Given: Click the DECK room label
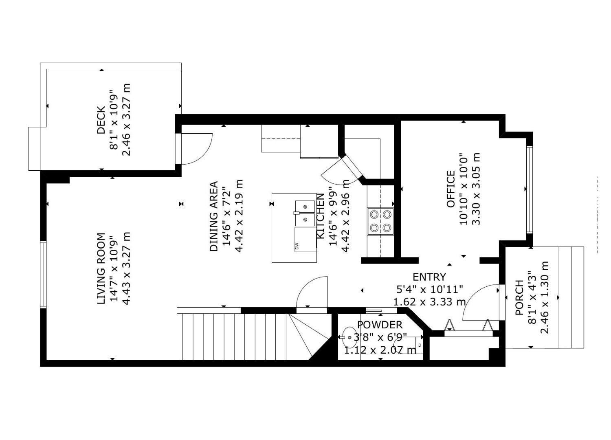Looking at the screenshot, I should pos(101,120).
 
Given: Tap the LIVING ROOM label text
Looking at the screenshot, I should pos(101,268).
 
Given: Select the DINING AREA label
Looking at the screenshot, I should pos(214,216).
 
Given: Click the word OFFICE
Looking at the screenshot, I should pos(451,189).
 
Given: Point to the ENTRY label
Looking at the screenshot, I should pos(429,277).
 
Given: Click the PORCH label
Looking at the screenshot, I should pos(519,297).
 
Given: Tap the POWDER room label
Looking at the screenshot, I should pos(380,325).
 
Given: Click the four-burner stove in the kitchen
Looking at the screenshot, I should pos(380,221).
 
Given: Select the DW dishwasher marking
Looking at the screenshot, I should pos(297,246).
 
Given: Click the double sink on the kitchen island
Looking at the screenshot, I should pos(305,213).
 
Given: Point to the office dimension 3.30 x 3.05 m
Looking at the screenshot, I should pos(476,189).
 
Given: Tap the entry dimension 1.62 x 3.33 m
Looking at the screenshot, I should pos(429,302).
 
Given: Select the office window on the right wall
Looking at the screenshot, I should pos(529,189).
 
